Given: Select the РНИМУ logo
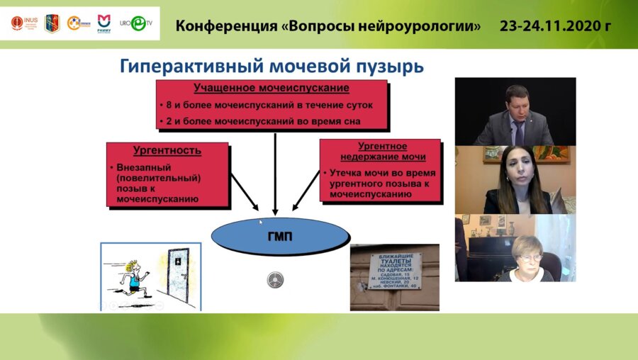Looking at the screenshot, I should tap(103, 23).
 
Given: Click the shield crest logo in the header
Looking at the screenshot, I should tap(52, 23).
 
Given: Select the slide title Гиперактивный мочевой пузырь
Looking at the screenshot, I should tap(272, 67).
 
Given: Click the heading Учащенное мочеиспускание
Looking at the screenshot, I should tap(272, 89).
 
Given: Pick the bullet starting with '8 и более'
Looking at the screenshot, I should tap(273, 106).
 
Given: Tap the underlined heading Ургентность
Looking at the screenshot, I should tap(167, 150).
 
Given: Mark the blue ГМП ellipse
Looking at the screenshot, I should tap(280, 237).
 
